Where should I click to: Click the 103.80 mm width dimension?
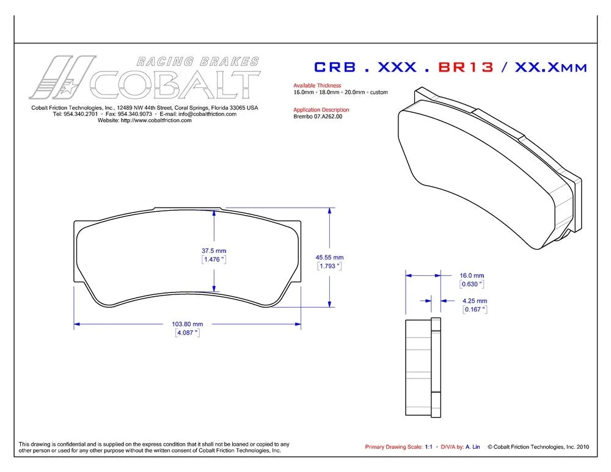point(188,324)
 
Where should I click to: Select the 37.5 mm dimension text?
point(214,251)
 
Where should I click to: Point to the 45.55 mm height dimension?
point(330,258)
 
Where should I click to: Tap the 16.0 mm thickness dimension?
point(472,275)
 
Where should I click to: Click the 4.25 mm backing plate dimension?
point(475,300)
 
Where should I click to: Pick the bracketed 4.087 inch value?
point(188,333)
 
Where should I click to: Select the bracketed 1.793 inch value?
point(330,266)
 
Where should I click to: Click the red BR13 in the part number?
point(466,67)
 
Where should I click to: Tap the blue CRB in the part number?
point(335,67)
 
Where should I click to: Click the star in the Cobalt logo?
point(68,87)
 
